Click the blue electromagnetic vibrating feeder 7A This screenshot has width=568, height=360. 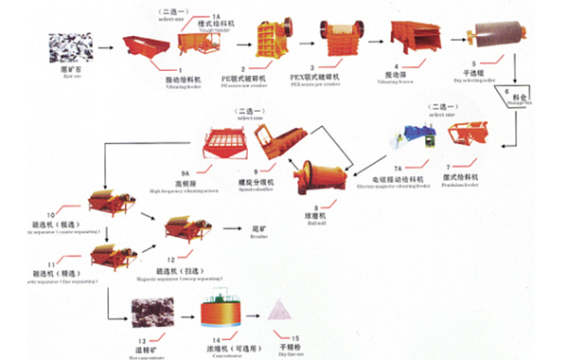[x=413, y=140]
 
